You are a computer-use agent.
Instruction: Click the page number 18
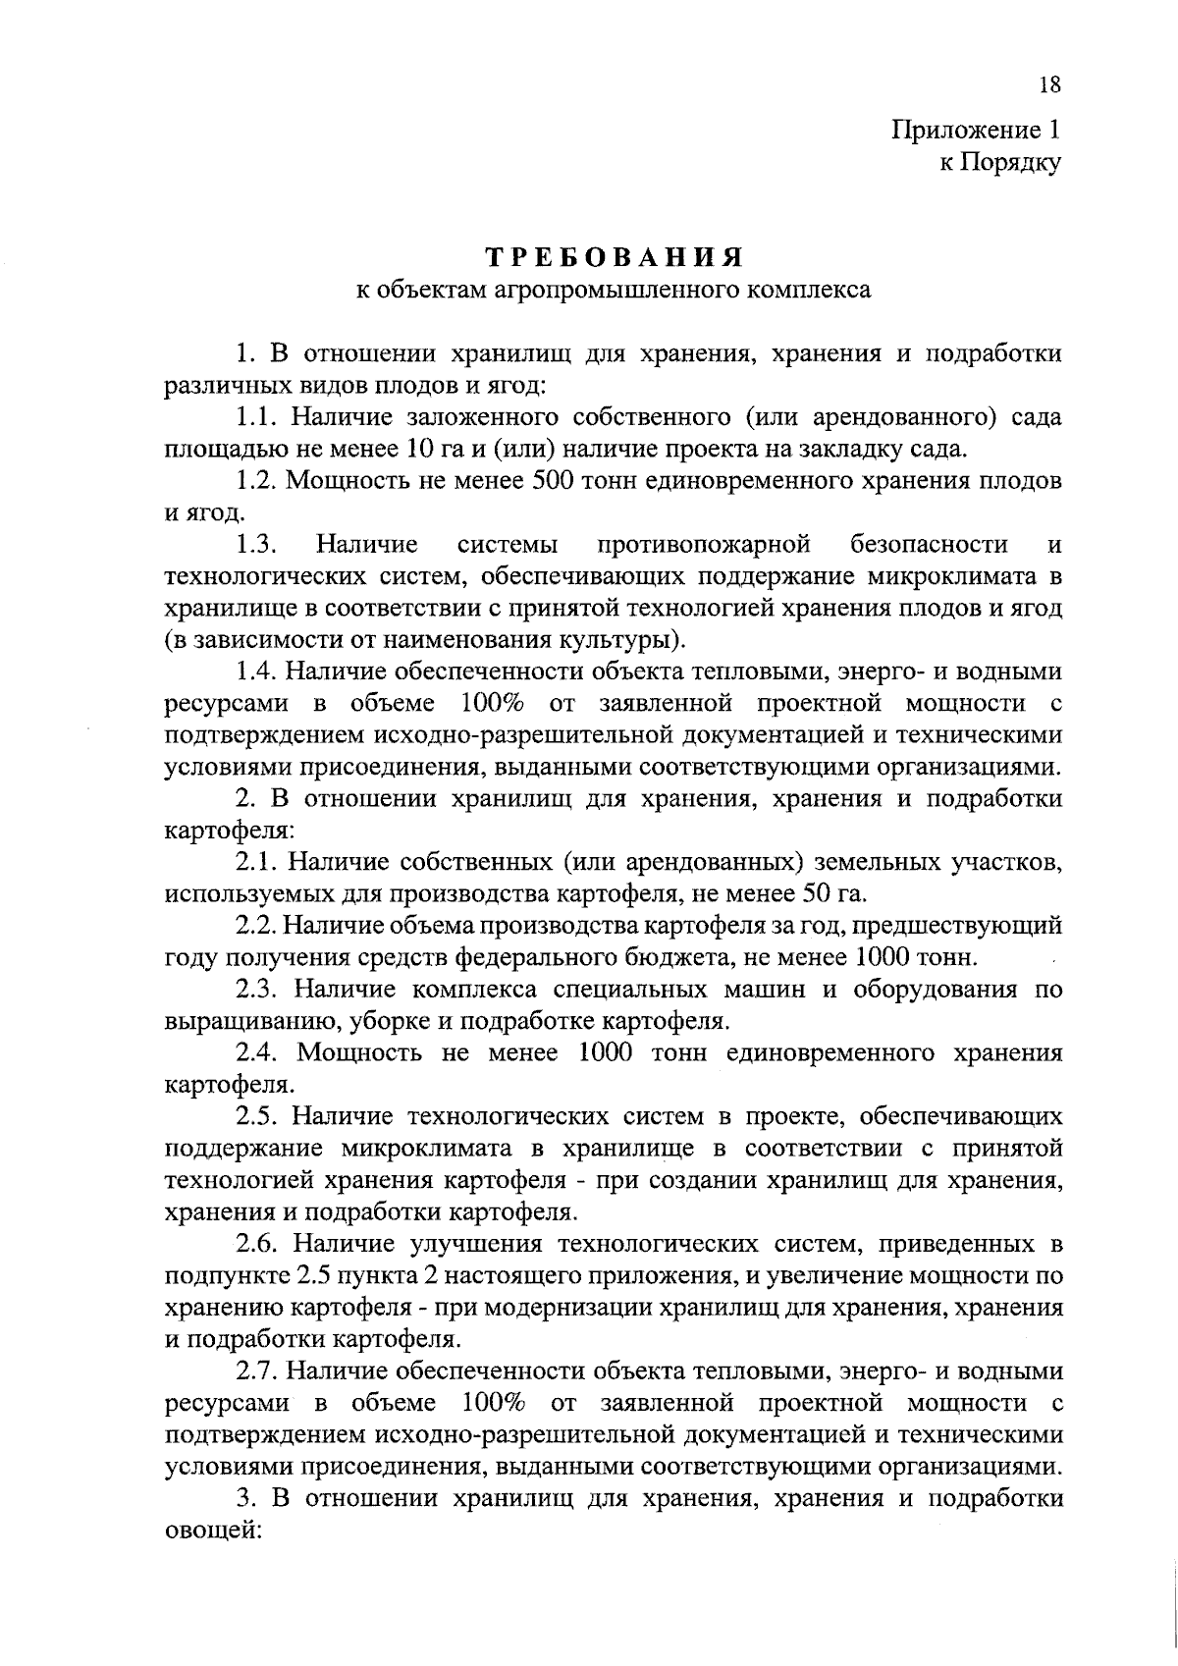point(1049,85)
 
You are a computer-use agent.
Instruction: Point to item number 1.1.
point(258,416)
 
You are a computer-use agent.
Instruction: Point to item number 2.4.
point(259,1052)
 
